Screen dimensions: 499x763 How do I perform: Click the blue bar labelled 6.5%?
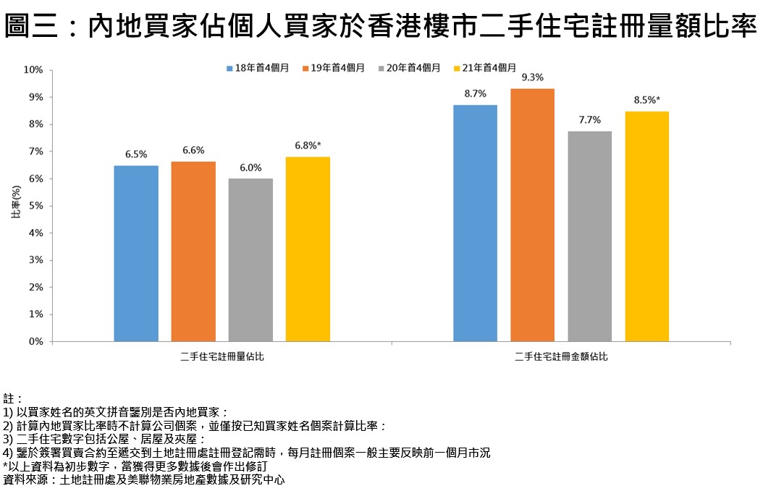click(136, 253)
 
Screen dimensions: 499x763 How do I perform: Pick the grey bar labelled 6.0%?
click(250, 260)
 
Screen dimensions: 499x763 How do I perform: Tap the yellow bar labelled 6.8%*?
click(308, 249)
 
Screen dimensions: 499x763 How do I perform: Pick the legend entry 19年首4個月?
click(333, 67)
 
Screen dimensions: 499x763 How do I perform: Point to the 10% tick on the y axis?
click(34, 70)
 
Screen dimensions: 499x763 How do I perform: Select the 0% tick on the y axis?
click(36, 342)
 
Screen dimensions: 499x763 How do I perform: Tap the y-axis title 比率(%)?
click(15, 206)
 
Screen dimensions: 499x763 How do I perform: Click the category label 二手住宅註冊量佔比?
click(222, 357)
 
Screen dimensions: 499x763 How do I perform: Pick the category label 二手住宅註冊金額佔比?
click(561, 357)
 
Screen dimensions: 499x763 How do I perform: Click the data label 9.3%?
click(532, 77)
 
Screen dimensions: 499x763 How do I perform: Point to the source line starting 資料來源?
click(145, 479)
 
